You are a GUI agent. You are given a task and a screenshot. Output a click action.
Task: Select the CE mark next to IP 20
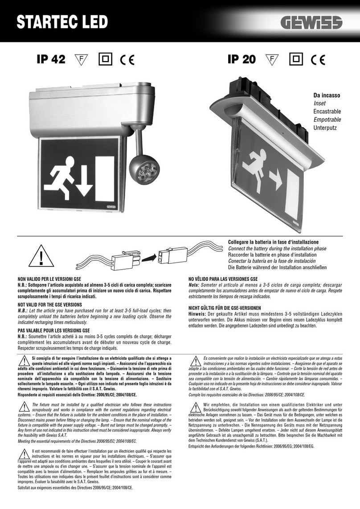(318, 60)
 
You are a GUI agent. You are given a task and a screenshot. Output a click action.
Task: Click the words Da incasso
(327, 95)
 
